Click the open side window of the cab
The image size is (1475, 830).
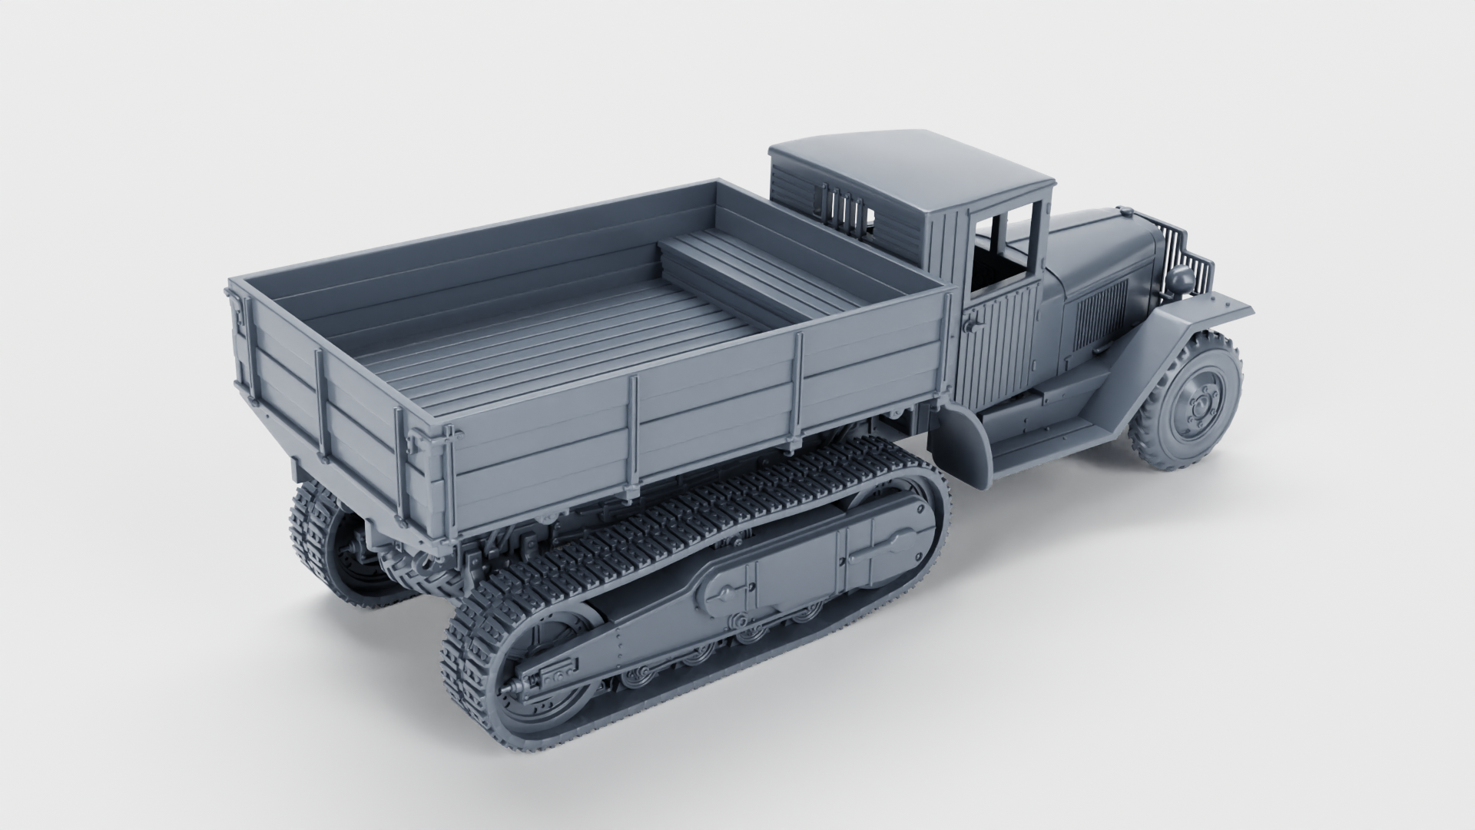(1006, 254)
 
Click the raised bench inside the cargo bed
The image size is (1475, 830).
(761, 269)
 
